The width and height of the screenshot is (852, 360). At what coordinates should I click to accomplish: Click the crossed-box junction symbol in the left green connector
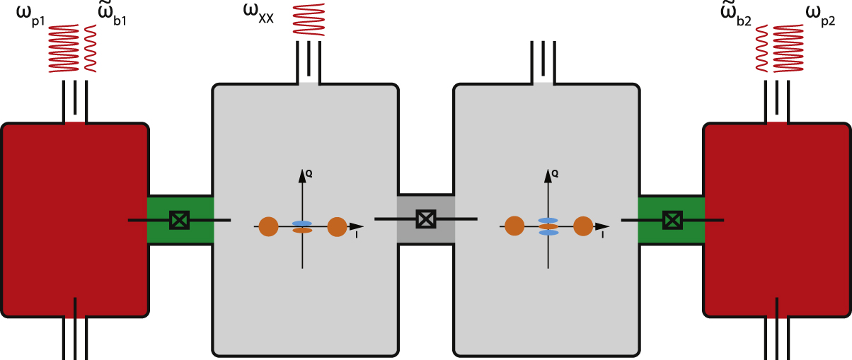[180, 221]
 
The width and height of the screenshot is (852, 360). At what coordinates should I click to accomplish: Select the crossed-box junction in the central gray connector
[425, 219]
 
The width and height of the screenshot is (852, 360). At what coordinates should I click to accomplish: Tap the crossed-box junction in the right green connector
[672, 221]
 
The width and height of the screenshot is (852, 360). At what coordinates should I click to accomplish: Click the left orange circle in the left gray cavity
[268, 226]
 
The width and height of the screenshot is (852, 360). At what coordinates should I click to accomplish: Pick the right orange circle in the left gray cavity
[337, 226]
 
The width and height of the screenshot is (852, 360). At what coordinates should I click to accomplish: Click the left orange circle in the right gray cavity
[514, 226]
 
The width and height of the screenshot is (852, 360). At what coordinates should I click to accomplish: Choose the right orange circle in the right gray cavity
[582, 226]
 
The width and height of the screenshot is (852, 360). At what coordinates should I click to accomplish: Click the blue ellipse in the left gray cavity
[302, 223]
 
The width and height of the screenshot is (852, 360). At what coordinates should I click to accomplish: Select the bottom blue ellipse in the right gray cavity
[548, 232]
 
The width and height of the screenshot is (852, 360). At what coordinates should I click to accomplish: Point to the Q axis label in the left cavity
[309, 172]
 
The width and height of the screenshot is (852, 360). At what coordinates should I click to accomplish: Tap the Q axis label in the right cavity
[555, 172]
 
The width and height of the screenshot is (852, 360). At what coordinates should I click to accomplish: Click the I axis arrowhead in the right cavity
[602, 226]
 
